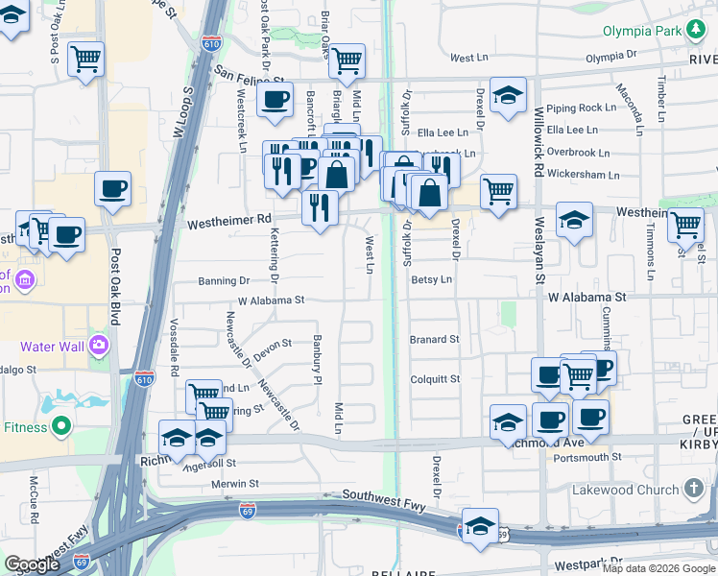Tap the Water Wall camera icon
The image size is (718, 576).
[x=98, y=345]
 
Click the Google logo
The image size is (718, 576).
[x=32, y=564]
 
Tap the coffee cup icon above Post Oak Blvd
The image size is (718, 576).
[x=112, y=188]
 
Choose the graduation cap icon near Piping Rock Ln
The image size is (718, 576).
[x=507, y=95]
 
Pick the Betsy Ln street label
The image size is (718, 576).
[x=431, y=279]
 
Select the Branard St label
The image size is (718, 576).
[x=435, y=339]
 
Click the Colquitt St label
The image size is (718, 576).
[x=435, y=378]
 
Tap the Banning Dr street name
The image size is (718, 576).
[x=224, y=281]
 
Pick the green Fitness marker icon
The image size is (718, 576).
[x=61, y=425]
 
